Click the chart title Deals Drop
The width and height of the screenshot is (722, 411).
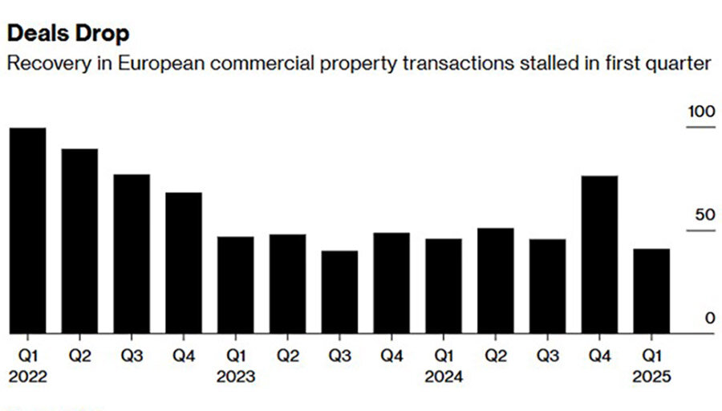pos(67,35)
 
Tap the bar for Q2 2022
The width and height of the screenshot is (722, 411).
pos(79,241)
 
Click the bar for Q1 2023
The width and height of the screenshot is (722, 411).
pos(236,284)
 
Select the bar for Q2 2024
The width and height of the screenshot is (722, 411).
pos(495,280)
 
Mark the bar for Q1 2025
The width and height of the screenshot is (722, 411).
pos(651,291)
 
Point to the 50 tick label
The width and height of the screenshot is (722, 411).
pos(704,216)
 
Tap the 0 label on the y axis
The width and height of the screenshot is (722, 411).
pos(709,319)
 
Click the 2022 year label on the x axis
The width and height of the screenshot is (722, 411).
pos(27,376)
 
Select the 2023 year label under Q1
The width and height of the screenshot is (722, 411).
pos(236,376)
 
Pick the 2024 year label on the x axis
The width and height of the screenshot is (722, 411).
pos(444,376)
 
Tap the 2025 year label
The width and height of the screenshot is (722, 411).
pos(651,376)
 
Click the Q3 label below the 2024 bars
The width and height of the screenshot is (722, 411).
pos(547,354)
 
